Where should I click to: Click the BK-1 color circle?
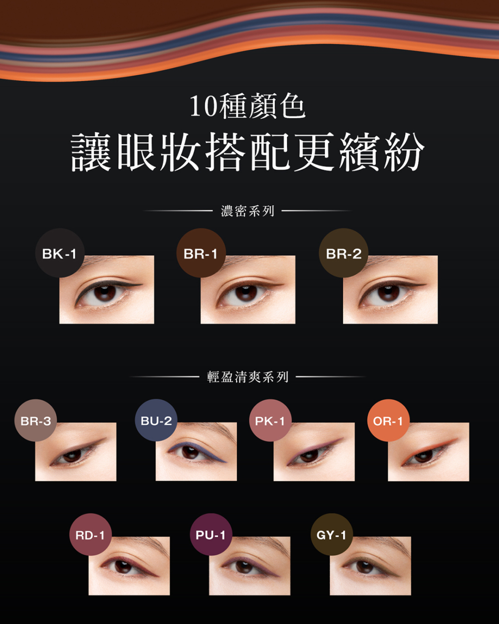(59, 253)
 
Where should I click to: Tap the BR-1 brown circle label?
(201, 253)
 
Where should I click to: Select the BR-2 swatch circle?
(343, 253)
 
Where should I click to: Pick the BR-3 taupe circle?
(35, 420)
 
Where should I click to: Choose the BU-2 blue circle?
(156, 420)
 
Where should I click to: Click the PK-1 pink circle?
(270, 420)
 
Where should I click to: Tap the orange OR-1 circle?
(388, 420)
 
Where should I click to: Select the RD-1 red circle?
(90, 535)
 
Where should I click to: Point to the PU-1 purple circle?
(211, 535)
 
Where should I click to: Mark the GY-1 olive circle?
(331, 535)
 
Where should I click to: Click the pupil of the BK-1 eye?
(105, 293)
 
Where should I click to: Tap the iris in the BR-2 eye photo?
(388, 293)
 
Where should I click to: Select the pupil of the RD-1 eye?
(123, 566)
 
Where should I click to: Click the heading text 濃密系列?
(248, 211)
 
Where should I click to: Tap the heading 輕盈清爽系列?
(248, 377)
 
